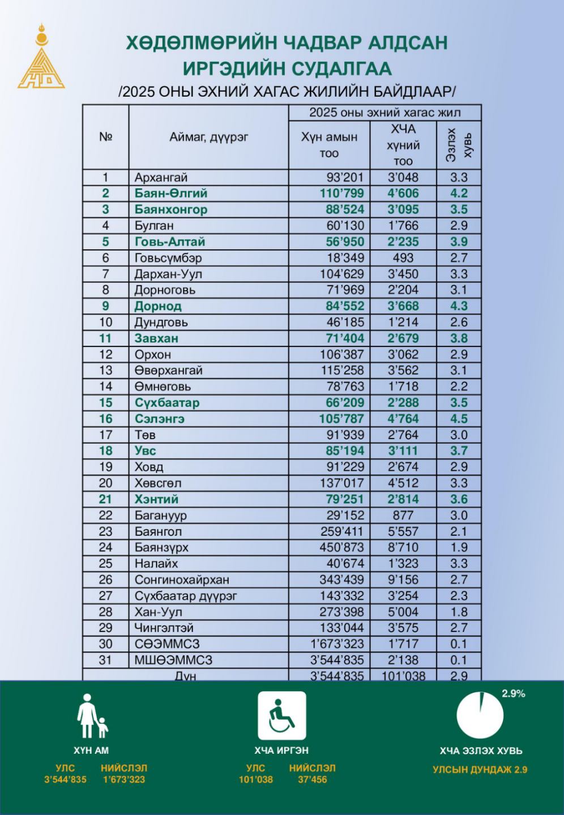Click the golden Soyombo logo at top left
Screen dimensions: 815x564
click(x=41, y=57)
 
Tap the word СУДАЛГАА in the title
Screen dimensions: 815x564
click(x=337, y=68)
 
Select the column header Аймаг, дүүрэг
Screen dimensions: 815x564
click(x=208, y=137)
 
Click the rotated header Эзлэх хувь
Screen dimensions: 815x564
click(x=459, y=145)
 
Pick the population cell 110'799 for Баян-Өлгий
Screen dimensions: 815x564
click(x=342, y=194)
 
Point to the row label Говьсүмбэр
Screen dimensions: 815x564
click(x=168, y=258)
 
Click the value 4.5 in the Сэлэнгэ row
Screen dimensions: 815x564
click(x=459, y=419)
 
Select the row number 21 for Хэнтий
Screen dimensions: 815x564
click(x=105, y=499)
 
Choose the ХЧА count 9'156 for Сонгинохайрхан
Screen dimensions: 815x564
click(x=403, y=580)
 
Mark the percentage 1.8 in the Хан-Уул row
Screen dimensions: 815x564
click(x=459, y=612)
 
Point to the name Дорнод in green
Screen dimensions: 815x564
click(x=158, y=306)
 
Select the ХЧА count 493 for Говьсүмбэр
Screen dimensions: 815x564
click(x=403, y=258)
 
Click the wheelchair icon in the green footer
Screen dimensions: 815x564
click(x=282, y=716)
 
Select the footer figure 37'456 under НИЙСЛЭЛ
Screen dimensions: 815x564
click(x=312, y=780)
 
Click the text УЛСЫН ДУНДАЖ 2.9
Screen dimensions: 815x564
click(x=480, y=770)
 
